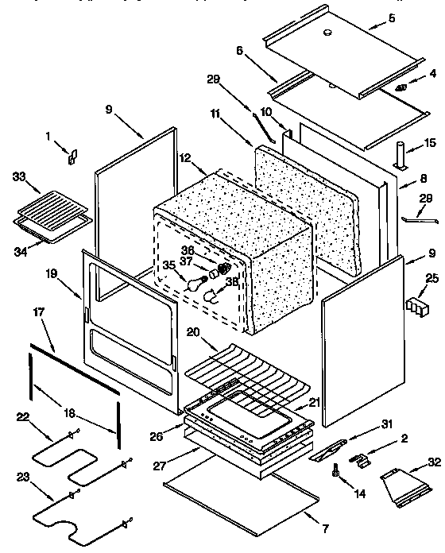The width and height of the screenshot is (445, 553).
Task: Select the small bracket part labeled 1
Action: pos(72,158)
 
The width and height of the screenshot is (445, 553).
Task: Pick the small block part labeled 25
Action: pos(414,305)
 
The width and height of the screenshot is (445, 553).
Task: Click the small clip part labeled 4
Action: pos(403,86)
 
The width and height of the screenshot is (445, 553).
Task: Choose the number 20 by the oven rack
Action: pos(192,332)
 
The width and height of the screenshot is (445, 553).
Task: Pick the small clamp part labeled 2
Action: pos(360,460)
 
